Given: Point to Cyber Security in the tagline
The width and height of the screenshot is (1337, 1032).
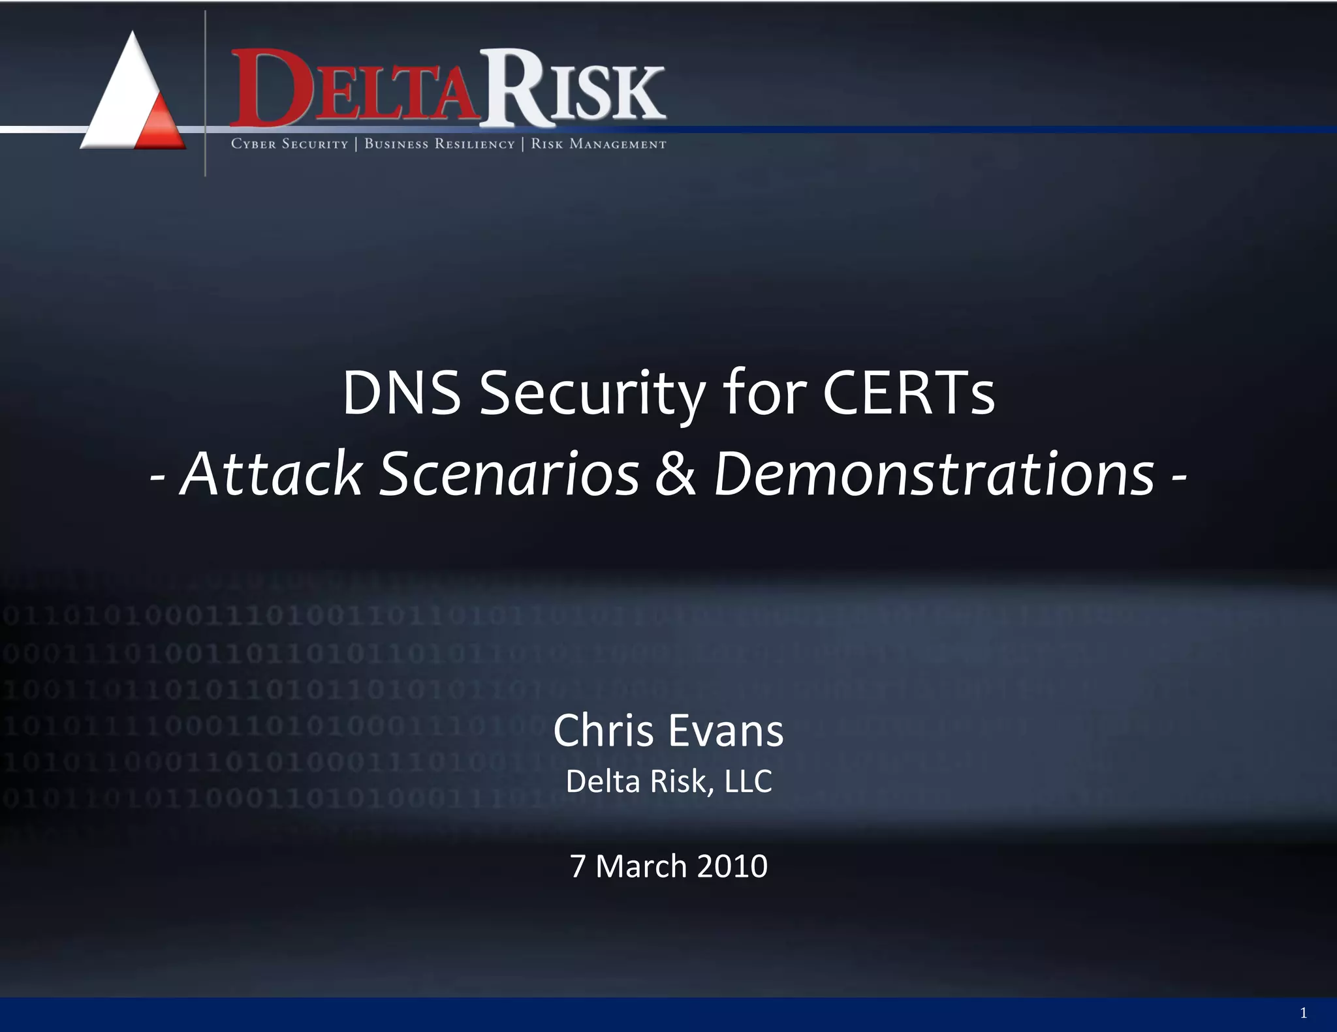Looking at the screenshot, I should point(289,144).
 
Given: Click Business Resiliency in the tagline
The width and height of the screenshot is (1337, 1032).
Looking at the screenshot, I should point(439,144).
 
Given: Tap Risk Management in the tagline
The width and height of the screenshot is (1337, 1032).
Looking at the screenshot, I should point(598,144).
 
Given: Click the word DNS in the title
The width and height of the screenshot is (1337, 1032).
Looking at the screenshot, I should point(401,393).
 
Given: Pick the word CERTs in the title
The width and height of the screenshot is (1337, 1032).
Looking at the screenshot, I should point(908,393).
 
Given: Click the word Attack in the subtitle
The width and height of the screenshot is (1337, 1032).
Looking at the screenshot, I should point(271,474).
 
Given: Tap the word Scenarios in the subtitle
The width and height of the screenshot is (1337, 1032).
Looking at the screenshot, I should point(509,474).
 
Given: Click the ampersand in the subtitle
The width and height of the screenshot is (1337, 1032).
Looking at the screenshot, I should point(676,474).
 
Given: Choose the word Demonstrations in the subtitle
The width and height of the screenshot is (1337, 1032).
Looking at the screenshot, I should point(934,474).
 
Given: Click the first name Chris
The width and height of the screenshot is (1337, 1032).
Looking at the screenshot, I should point(603,731).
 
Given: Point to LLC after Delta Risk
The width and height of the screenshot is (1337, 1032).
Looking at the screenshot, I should point(748,782).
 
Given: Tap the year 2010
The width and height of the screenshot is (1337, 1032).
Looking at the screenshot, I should point(732,866).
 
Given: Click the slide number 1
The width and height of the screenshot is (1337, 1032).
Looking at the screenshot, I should point(1303,1013).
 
